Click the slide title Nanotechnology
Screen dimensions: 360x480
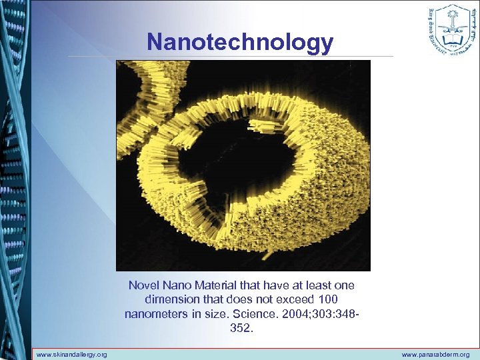pos(240,42)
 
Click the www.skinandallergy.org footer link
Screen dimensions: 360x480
pos(71,355)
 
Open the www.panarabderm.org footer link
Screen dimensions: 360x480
pos(436,355)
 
